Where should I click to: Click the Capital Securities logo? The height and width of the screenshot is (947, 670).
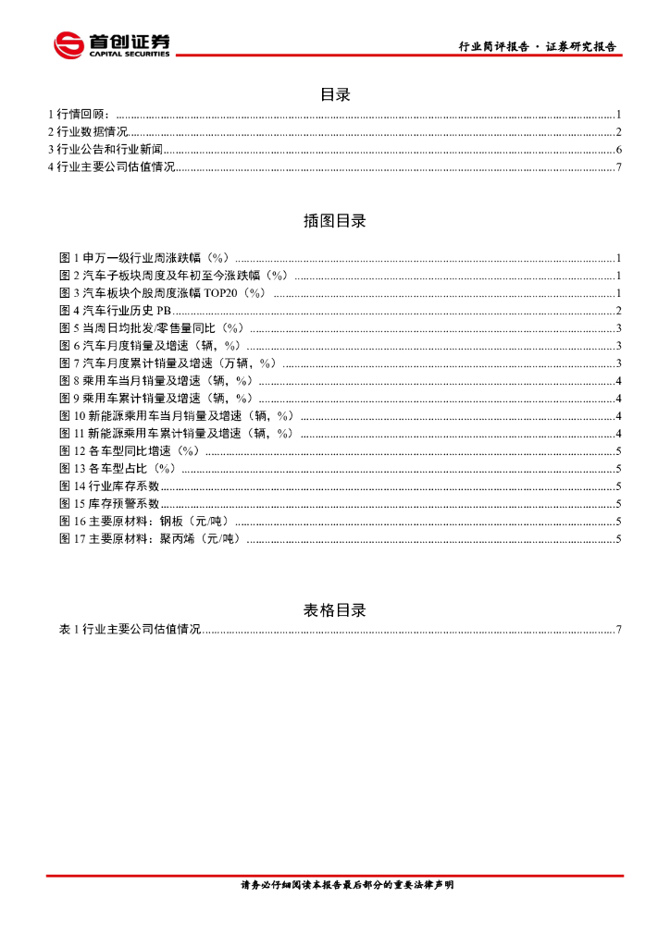(x=112, y=43)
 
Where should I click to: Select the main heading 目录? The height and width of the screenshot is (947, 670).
(x=335, y=94)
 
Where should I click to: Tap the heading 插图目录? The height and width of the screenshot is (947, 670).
(x=335, y=221)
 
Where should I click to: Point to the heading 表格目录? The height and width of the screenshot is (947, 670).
(x=335, y=610)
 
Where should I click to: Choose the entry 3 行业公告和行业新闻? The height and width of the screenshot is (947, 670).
(x=105, y=150)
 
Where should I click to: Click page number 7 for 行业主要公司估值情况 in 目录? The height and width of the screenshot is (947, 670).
(x=617, y=167)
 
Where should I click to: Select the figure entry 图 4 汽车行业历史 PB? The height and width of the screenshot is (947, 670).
(x=115, y=311)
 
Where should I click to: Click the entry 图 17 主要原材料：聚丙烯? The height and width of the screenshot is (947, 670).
(x=149, y=539)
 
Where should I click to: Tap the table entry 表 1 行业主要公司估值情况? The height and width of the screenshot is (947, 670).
(x=130, y=630)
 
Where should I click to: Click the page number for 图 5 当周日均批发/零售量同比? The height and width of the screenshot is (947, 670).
(x=617, y=328)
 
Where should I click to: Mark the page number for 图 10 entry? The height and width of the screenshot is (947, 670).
(x=617, y=416)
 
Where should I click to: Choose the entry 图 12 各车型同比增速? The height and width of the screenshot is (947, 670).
(x=130, y=451)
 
